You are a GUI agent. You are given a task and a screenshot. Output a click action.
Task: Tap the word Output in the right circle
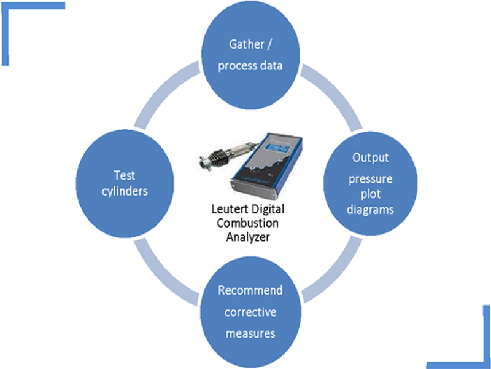[370, 157]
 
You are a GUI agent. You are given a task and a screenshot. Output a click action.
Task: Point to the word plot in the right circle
[370, 194]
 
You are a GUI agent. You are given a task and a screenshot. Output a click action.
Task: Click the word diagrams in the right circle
[370, 209]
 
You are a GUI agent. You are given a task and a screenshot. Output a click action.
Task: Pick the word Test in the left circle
[124, 175]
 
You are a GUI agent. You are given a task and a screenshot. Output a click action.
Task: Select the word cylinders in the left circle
[124, 191]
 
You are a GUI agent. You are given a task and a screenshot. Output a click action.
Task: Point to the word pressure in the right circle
[370, 179]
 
